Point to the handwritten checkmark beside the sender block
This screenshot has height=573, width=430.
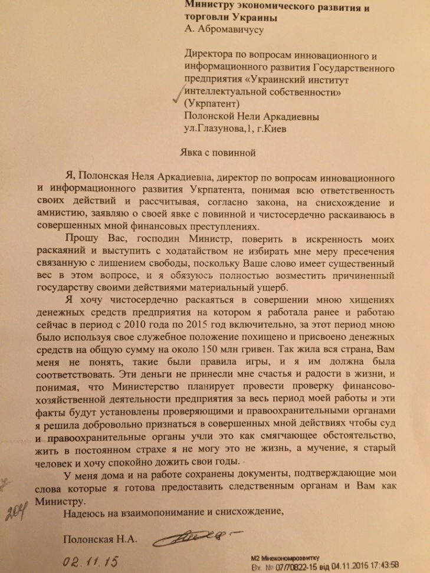tap(176, 96)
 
